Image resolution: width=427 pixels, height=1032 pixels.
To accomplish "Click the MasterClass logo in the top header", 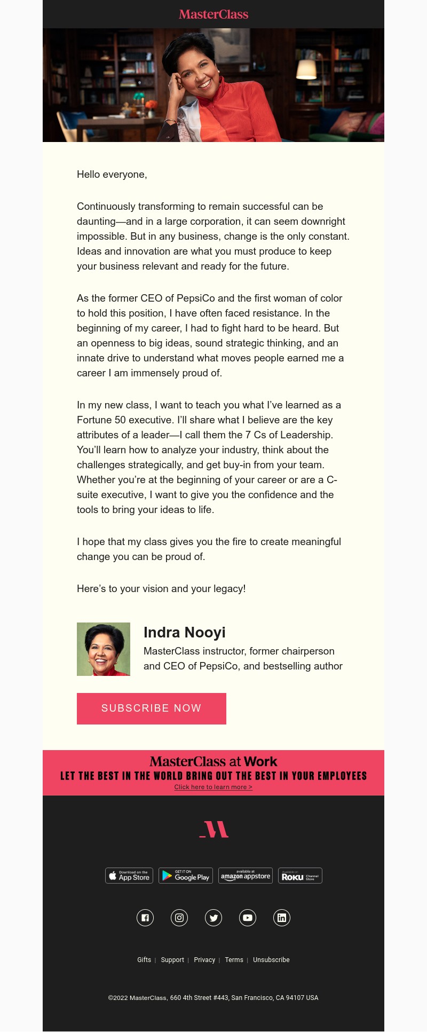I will click(x=213, y=14).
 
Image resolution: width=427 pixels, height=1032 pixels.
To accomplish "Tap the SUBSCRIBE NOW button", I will click(x=152, y=708).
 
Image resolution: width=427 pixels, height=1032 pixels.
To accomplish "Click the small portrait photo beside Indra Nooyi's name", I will click(x=104, y=649).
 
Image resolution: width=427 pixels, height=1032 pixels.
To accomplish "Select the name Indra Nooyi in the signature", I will click(x=185, y=633).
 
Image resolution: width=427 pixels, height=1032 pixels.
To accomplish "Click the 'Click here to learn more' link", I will click(x=213, y=787).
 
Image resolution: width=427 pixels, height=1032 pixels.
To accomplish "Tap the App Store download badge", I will click(x=129, y=876).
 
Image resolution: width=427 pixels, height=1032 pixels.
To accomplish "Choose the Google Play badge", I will click(x=186, y=876).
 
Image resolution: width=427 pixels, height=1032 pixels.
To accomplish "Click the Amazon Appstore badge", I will click(x=246, y=876).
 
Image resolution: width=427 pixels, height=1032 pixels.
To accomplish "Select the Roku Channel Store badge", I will click(x=300, y=876).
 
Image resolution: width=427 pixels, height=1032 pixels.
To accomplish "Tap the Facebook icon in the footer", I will click(x=145, y=918).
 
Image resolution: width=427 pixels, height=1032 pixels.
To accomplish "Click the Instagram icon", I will click(x=179, y=918).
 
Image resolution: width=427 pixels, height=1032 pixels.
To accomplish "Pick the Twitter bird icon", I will click(x=213, y=918).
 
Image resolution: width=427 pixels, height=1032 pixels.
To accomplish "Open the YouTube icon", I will click(x=248, y=918).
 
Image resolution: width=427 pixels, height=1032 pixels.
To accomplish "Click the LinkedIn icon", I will click(x=282, y=918).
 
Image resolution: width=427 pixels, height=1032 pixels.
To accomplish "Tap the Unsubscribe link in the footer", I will click(x=271, y=960).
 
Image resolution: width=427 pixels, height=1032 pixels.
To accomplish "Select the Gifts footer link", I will click(x=144, y=960).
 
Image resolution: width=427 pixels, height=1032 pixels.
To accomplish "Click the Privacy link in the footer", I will click(x=204, y=960).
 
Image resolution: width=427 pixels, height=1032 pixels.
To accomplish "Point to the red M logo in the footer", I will click(x=214, y=829).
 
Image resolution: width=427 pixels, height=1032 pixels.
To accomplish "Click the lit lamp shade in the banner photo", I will click(x=306, y=69).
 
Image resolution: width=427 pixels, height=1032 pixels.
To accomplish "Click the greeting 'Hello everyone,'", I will click(x=112, y=175).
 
